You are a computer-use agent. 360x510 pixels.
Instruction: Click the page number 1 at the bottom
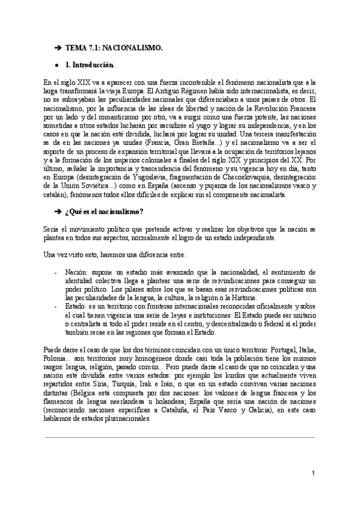pyautogui.click(x=313, y=473)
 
